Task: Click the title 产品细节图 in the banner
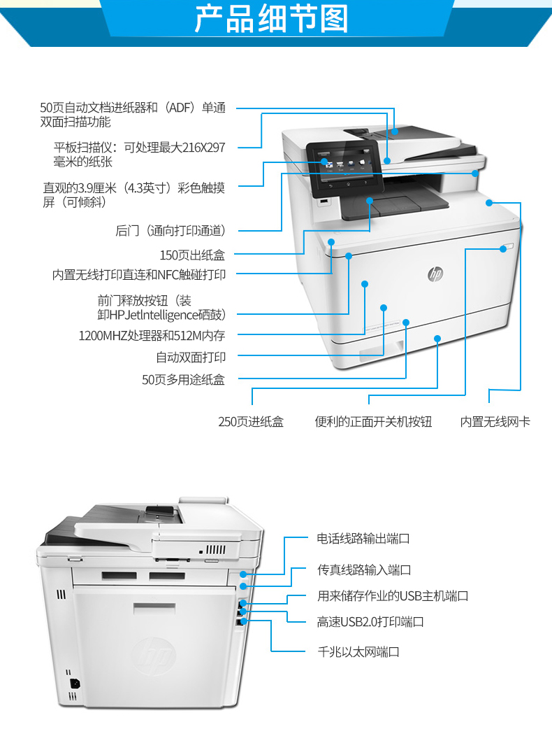tap(272, 19)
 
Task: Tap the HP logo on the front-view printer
tap(435, 274)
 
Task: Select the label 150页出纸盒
tap(192, 255)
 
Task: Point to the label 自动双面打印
tap(191, 358)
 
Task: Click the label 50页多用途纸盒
tap(183, 380)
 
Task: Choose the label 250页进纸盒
tap(251, 422)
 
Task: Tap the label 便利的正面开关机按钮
tap(373, 422)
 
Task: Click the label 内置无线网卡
tap(495, 422)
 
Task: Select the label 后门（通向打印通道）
tap(170, 231)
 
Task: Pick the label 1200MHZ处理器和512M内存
tap(152, 336)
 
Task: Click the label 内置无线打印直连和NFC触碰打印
tap(139, 275)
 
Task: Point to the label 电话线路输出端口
tap(363, 539)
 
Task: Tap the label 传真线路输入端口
tap(364, 570)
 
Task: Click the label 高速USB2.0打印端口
tap(370, 622)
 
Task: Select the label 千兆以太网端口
tap(358, 652)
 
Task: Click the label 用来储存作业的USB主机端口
tap(393, 596)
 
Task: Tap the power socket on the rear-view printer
tap(74, 684)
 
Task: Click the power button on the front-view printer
tap(506, 248)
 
